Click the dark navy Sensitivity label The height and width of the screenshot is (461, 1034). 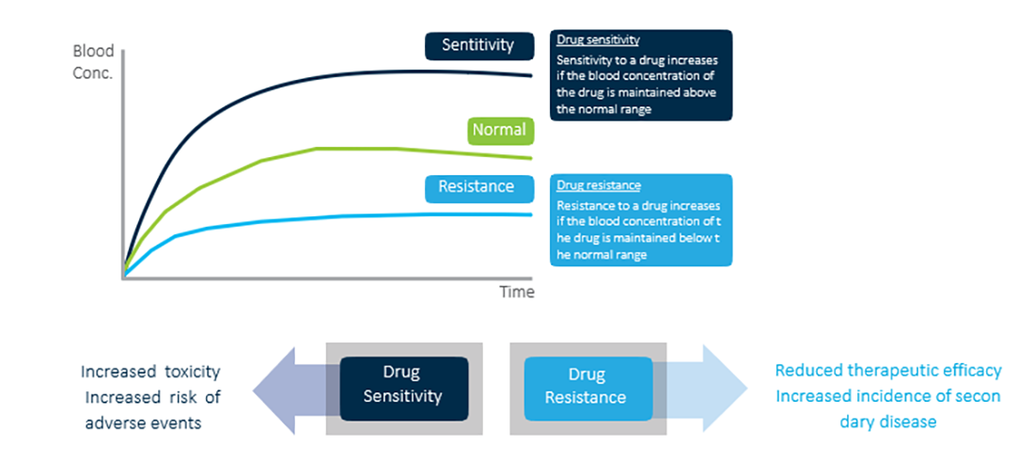(x=478, y=45)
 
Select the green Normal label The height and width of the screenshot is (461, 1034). (x=499, y=131)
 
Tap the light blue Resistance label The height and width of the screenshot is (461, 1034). (x=478, y=186)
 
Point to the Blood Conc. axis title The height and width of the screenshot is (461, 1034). (x=92, y=63)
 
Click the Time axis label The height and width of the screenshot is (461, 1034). (x=516, y=292)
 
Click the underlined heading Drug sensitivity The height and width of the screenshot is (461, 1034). (x=598, y=40)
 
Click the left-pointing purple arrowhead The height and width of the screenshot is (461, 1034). (x=273, y=388)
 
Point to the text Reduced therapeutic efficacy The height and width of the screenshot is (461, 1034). (x=888, y=371)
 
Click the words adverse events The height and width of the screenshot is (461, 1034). (x=143, y=422)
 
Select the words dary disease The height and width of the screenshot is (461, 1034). (x=888, y=421)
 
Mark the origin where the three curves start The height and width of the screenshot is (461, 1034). (x=124, y=277)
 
